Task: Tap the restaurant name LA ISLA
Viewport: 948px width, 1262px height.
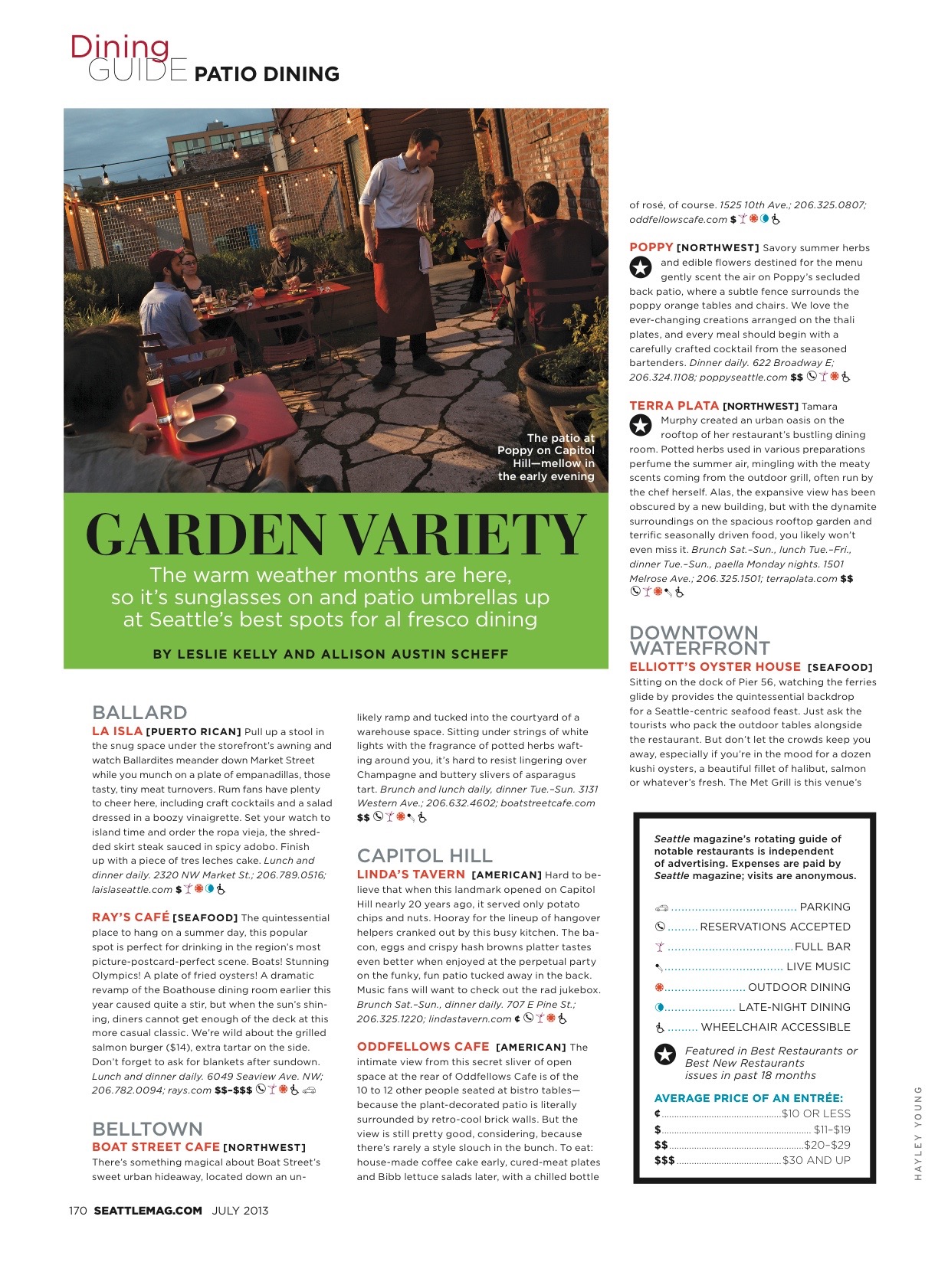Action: pos(117,731)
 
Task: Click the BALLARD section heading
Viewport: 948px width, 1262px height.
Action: pos(139,712)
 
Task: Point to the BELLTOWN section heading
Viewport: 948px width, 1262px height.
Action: pos(147,1129)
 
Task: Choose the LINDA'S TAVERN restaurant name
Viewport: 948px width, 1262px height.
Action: pos(411,875)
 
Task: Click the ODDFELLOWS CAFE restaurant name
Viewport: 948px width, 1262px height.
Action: pos(423,1047)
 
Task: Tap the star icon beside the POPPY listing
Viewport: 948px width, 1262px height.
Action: pos(640,267)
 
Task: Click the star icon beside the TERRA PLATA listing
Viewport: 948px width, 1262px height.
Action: pos(640,425)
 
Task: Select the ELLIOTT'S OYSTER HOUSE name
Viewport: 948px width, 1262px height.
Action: pos(715,667)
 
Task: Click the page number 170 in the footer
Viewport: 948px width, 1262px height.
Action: pos(77,1211)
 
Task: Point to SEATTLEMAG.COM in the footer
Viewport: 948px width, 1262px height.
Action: pos(148,1211)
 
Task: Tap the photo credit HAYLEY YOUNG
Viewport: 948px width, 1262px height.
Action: pos(918,1133)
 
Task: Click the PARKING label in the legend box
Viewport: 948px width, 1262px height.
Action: pos(825,907)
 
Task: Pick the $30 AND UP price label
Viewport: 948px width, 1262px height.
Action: pos(816,1160)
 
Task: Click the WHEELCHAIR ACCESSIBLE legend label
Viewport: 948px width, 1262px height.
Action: pos(776,1027)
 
